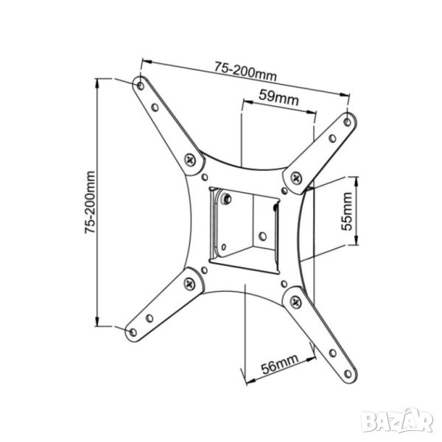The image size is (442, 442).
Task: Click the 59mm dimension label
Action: (x=278, y=97)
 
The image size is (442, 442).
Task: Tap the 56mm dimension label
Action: (x=279, y=364)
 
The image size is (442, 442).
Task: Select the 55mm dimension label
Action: (x=347, y=211)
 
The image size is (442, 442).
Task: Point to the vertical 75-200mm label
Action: (x=90, y=202)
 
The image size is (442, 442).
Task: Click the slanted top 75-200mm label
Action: (x=245, y=71)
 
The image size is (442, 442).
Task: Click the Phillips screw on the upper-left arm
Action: (x=191, y=161)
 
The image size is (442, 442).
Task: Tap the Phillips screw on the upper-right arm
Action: (x=296, y=178)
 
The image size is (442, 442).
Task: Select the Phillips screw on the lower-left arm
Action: (x=189, y=284)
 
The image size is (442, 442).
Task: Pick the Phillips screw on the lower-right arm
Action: (x=295, y=303)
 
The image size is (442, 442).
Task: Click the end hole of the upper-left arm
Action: (x=140, y=85)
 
